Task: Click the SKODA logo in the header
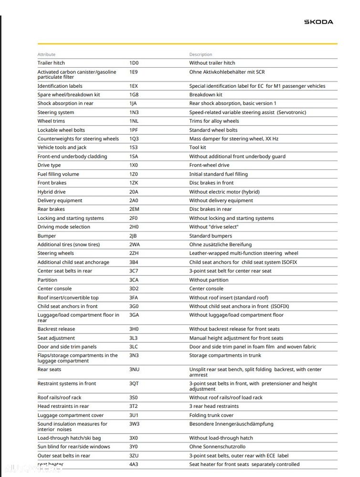point(318,22)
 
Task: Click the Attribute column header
point(46,54)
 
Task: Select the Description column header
point(201,54)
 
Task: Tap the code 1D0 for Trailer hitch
point(134,63)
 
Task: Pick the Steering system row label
point(56,113)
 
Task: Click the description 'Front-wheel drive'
point(210,166)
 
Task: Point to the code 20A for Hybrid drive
point(134,192)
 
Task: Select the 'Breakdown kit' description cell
point(206,95)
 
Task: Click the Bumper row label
point(47,236)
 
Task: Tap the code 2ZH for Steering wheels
point(134,253)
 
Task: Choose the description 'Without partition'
point(209,280)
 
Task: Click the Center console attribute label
point(54,289)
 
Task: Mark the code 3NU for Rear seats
point(134,370)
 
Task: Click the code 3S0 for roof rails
point(134,397)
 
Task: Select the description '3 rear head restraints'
point(214,406)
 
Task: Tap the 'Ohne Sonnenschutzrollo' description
point(217,446)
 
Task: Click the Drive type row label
point(49,166)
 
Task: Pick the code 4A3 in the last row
point(134,464)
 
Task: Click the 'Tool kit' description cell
point(198,147)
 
